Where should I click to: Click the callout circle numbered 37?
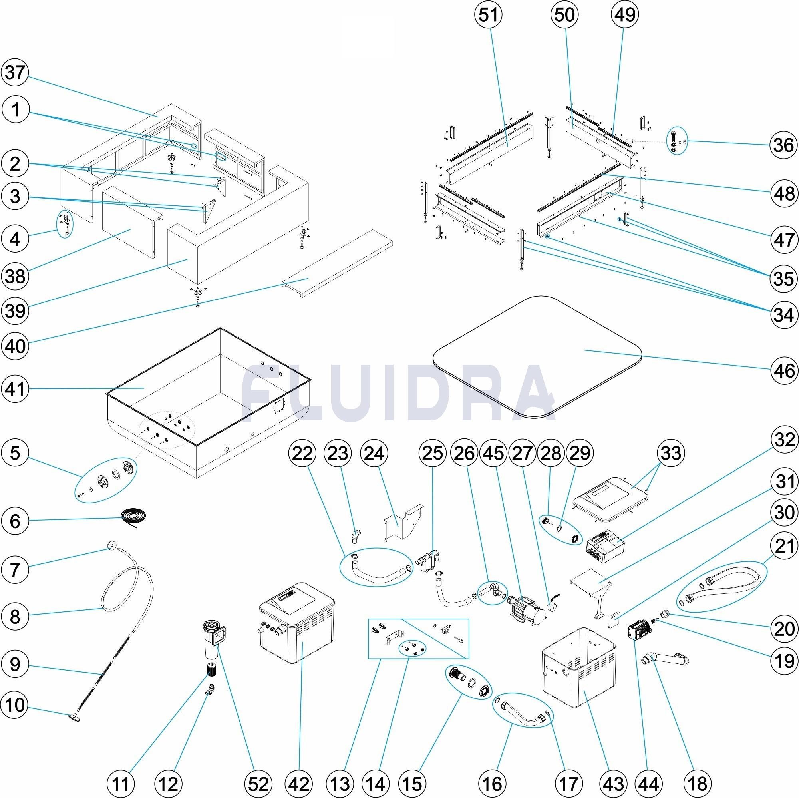coord(15,73)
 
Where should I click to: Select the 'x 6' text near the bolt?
coord(682,142)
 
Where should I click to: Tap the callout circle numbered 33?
coord(671,453)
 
